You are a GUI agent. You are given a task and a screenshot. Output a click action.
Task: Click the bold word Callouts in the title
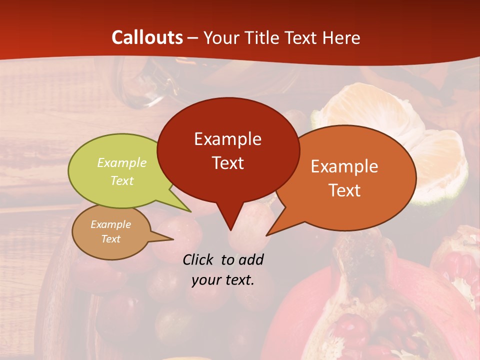pos(147,37)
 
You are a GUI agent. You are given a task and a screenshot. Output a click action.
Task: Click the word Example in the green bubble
pos(122,163)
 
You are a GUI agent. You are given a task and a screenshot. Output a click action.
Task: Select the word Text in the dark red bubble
pos(228,163)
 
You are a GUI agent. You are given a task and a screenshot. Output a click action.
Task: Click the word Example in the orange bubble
pos(344,166)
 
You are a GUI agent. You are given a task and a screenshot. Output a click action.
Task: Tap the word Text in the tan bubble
pos(111,239)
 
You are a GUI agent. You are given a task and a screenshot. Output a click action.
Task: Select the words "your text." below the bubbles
pos(223,280)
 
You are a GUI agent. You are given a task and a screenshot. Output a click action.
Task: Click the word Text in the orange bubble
pos(345,190)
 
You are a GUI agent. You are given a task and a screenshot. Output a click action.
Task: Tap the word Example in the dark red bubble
pos(227,139)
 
